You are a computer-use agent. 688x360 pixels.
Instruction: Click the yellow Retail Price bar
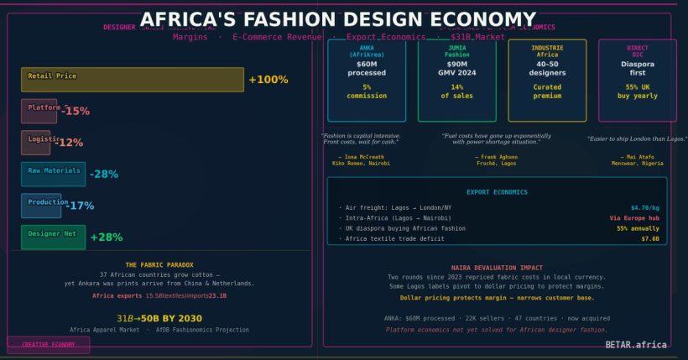coord(133,80)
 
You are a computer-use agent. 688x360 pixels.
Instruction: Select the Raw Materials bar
coord(53,174)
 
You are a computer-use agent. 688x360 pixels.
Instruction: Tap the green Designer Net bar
coord(53,237)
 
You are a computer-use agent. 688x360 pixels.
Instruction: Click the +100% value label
coord(268,80)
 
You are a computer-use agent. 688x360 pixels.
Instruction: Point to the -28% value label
coord(104,175)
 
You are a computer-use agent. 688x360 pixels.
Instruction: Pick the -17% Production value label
coord(81,206)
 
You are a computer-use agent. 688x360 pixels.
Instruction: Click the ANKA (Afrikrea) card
coord(367,81)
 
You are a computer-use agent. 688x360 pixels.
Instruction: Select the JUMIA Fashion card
coord(456,81)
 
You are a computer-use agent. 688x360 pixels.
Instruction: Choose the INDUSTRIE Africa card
coord(547,81)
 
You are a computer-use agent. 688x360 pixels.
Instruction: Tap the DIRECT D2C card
coord(638,81)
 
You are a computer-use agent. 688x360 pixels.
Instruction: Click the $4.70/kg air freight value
coord(644,206)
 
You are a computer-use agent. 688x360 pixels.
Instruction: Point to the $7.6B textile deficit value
coord(650,239)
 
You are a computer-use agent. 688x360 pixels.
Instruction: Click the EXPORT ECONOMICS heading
coord(497,192)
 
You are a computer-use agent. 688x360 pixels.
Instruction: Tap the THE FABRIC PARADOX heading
coord(159,264)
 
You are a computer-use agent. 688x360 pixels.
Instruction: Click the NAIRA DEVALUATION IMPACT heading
coord(497,267)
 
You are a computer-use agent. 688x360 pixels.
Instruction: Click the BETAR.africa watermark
coord(636,344)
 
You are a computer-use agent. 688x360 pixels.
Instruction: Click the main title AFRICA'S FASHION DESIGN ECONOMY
coord(337,19)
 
